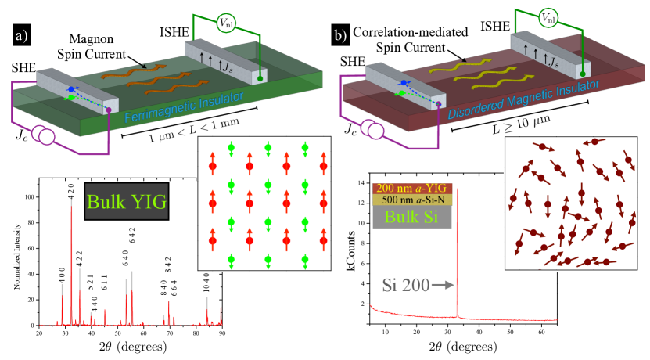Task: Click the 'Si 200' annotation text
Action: click(x=405, y=286)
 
